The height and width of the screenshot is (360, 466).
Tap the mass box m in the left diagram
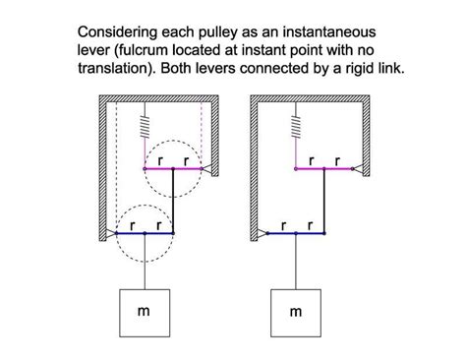[145, 312]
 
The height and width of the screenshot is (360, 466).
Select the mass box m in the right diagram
[296, 312]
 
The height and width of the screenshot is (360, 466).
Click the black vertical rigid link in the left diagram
[173, 202]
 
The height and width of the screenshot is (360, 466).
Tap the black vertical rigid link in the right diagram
[324, 202]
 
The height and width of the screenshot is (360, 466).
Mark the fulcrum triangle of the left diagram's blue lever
[111, 234]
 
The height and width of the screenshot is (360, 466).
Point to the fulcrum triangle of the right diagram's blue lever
[262, 234]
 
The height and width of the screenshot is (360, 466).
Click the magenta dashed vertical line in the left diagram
[202, 133]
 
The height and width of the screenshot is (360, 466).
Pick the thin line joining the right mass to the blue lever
[296, 261]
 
